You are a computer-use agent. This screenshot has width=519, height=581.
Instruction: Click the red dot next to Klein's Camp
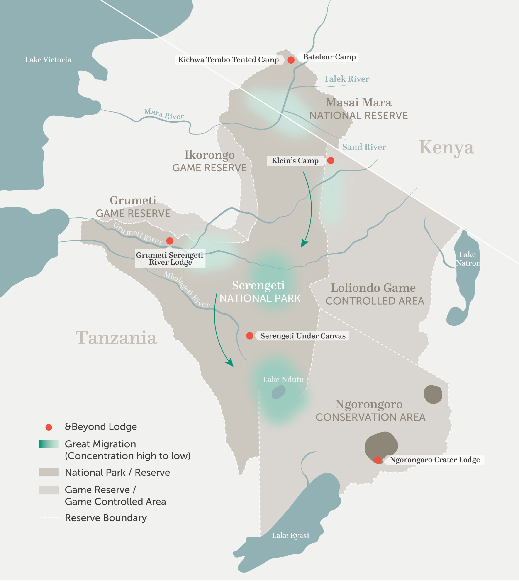(x=331, y=161)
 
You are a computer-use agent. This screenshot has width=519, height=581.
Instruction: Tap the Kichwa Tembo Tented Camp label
(x=228, y=60)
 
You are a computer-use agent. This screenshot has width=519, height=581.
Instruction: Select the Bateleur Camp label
(x=329, y=57)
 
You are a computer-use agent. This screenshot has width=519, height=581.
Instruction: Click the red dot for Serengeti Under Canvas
(x=249, y=336)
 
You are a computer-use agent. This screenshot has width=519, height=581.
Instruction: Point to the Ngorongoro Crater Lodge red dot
(x=378, y=460)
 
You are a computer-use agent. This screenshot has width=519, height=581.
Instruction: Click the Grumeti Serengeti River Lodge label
(x=170, y=258)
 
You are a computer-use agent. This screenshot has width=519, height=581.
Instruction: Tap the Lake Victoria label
(x=48, y=60)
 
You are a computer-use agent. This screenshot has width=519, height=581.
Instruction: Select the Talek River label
(x=346, y=79)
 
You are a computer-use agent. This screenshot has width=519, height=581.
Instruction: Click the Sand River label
(x=364, y=147)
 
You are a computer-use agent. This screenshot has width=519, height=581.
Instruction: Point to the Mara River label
(x=164, y=114)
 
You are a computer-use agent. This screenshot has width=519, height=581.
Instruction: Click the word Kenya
(x=446, y=148)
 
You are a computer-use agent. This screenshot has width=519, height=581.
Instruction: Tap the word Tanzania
(x=116, y=338)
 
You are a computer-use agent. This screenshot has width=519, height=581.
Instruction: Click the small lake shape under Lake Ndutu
(x=278, y=392)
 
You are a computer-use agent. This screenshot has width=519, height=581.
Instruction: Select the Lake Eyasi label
(x=290, y=536)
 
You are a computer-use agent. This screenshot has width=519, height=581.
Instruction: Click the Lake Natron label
(x=467, y=259)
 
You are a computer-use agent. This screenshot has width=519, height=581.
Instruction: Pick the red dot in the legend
(x=49, y=427)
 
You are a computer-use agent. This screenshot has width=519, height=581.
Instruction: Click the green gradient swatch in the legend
(x=49, y=444)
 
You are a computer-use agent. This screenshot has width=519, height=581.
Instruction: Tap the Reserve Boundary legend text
(x=106, y=518)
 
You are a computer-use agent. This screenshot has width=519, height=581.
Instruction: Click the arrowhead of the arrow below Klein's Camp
(x=304, y=244)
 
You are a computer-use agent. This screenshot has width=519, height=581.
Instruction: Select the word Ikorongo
(x=209, y=155)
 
